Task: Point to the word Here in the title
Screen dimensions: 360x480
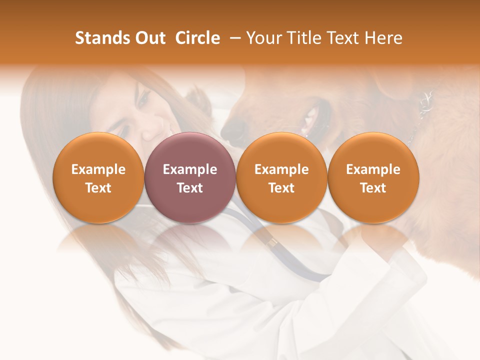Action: pos(384,38)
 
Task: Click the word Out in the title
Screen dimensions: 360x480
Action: pos(148,38)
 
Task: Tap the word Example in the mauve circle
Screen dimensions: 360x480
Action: pos(190,169)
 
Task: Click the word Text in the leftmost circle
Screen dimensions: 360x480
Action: pos(98,188)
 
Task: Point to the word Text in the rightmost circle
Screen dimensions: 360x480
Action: pos(373,188)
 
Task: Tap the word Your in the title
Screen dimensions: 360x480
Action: pos(263,38)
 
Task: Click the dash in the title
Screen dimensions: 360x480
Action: pos(233,38)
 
